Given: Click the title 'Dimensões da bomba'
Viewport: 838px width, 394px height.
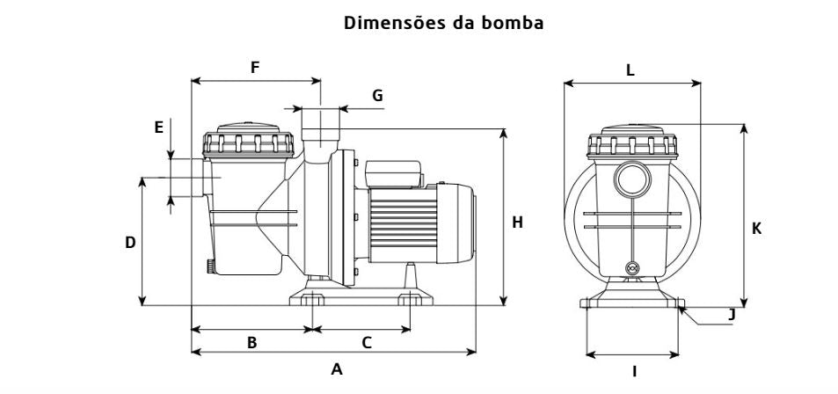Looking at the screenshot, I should coord(443,24).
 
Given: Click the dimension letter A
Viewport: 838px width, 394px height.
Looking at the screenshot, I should coord(336,369).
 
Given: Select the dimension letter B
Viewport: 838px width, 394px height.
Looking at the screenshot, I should coord(251,343).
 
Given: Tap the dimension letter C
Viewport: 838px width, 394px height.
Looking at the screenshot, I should coord(367,343).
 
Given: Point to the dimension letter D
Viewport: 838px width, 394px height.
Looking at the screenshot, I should coord(130,242).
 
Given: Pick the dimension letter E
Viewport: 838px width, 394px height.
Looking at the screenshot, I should coord(159,128).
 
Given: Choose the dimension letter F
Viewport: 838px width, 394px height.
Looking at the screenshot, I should coord(255,67).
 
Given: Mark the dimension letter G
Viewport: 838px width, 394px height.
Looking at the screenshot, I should coord(377,95).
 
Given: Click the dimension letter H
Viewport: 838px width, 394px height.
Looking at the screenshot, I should coord(518,223).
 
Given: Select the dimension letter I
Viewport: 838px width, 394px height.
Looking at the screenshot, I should coord(634,372).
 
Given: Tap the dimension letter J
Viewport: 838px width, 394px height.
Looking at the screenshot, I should coord(732,314).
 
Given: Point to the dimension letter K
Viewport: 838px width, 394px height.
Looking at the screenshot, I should coord(756,228).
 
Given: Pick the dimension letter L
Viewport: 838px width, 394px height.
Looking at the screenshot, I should coord(630,70).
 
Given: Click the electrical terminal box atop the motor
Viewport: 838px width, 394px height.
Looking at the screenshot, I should coord(395,173).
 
